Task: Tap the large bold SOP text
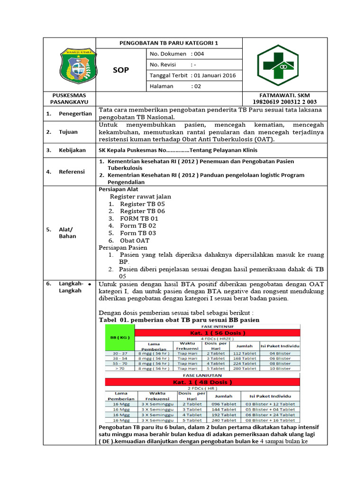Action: pos(120,70)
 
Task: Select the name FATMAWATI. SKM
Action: pos(288,95)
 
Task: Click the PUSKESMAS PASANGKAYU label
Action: pos(69,98)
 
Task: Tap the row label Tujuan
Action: pos(69,132)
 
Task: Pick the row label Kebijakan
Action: pos(72,150)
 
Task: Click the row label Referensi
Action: pos(72,172)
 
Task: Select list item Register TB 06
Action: pos(142,211)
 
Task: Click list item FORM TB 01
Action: pos(139,218)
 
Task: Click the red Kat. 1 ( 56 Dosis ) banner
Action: pos(217,332)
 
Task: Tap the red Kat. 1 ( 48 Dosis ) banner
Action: pos(202,382)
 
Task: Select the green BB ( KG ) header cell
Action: pos(119,337)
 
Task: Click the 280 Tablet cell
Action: pos(245,368)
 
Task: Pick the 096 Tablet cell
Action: pos(224,403)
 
